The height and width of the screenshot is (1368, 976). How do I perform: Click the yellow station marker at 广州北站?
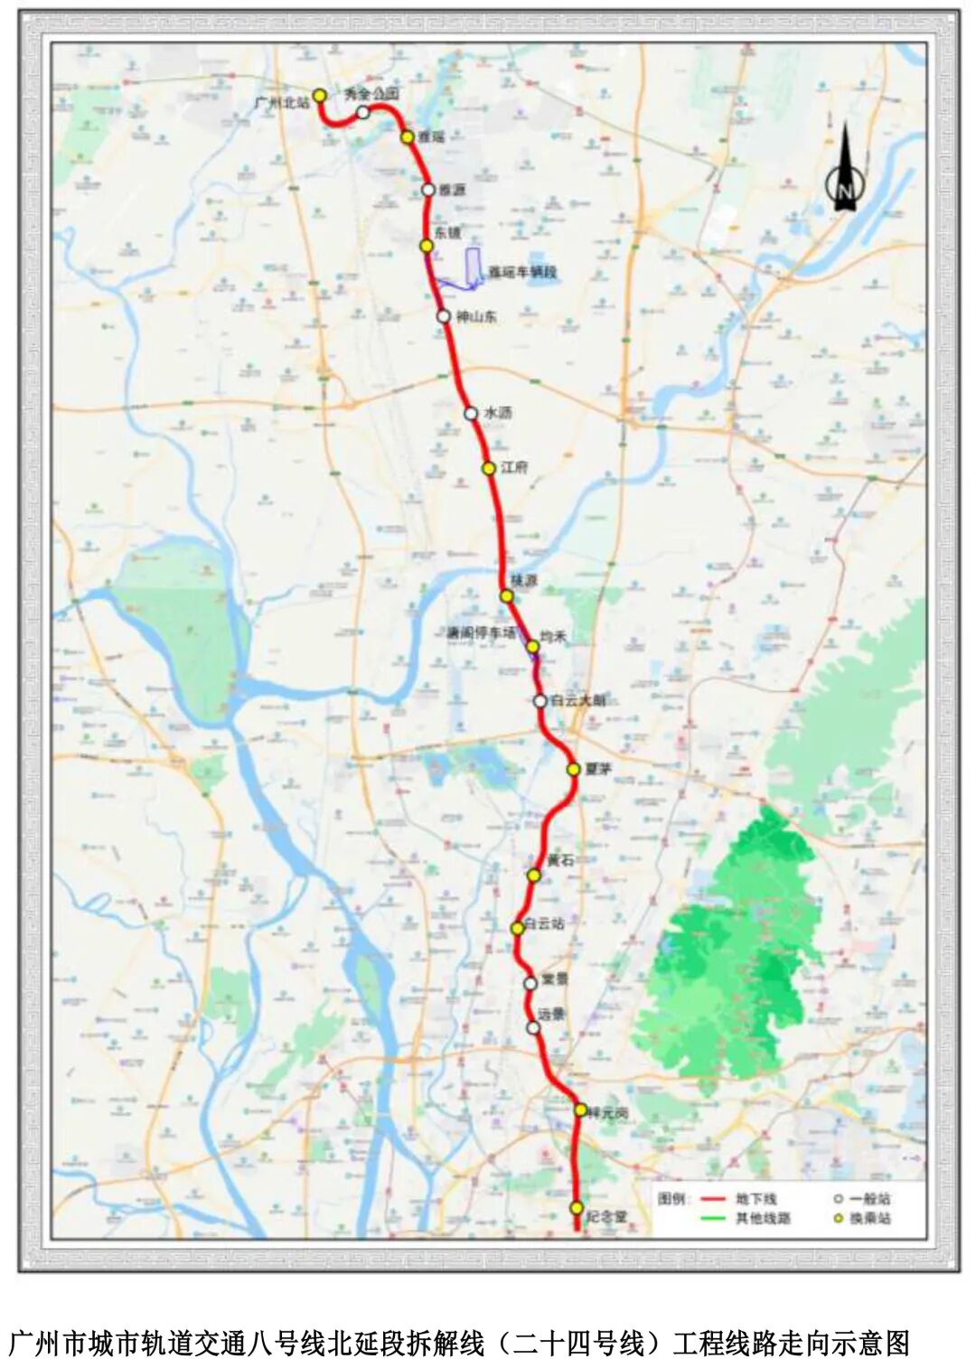(x=319, y=95)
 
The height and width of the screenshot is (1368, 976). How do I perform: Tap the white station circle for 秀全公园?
(x=362, y=112)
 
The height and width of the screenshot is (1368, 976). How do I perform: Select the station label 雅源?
(x=452, y=190)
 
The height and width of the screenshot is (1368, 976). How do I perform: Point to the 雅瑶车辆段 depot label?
(x=522, y=272)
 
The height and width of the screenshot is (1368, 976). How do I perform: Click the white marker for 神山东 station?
(x=443, y=316)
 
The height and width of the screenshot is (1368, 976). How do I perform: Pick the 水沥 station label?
(x=498, y=412)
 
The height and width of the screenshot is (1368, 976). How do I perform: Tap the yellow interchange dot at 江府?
(x=488, y=468)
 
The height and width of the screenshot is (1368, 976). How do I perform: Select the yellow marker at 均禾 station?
(x=533, y=646)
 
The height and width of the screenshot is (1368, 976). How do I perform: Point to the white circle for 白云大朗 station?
(x=540, y=700)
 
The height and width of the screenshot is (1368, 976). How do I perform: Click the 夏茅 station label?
(x=598, y=769)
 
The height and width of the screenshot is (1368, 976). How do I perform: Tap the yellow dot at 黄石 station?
(x=534, y=875)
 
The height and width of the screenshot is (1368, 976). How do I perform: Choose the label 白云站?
(x=545, y=923)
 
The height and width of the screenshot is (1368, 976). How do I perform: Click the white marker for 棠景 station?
(x=530, y=983)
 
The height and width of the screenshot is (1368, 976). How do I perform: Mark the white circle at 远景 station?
(x=533, y=1027)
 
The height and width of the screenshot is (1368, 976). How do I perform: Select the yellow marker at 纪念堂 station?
(x=577, y=1207)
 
